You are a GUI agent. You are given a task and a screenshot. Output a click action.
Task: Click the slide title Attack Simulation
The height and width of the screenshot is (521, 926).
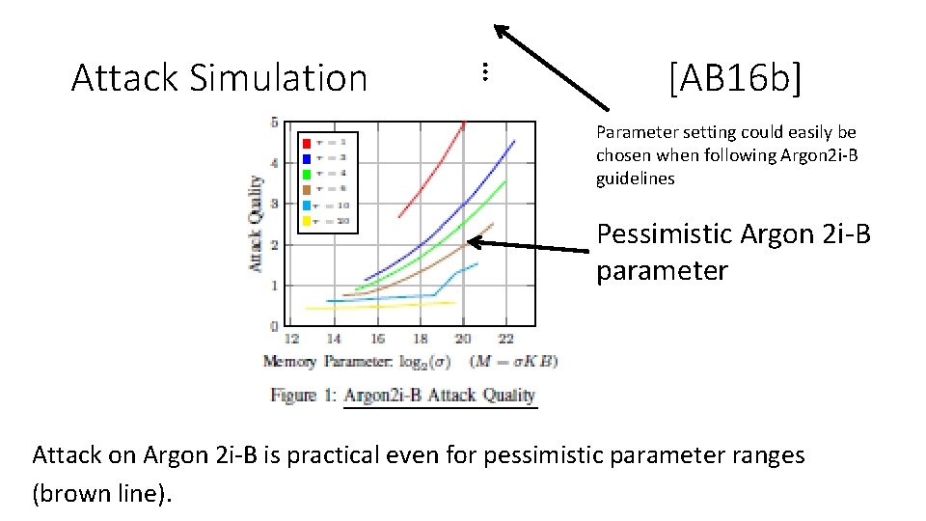(219, 78)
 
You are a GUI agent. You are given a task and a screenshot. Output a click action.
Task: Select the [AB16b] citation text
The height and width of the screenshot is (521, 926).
(734, 78)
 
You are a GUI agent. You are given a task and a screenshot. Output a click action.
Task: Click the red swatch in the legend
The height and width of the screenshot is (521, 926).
(307, 142)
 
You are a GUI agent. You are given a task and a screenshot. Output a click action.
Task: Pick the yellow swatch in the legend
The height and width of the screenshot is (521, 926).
(307, 221)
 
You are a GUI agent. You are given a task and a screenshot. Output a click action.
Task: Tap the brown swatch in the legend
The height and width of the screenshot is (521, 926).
(307, 189)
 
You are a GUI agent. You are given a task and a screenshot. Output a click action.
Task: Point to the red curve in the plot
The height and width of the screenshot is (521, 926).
(434, 174)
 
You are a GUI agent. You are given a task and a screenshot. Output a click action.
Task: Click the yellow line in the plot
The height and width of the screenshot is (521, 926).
(386, 306)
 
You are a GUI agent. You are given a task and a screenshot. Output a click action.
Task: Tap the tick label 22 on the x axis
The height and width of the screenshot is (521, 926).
(505, 339)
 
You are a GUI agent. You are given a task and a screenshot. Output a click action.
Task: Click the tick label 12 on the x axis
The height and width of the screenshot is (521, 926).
(290, 339)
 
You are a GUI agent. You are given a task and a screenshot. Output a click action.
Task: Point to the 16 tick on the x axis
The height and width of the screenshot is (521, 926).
(376, 339)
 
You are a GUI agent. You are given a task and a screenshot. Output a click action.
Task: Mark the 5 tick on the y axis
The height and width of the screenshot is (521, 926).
(274, 123)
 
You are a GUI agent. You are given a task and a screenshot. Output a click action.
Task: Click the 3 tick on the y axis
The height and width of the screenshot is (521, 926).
(274, 204)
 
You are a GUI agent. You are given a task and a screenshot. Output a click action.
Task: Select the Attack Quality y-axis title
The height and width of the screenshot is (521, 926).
(257, 223)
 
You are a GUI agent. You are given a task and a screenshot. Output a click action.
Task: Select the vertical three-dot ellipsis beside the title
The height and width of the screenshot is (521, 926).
(485, 70)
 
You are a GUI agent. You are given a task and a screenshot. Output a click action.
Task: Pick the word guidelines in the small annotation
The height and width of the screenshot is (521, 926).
(635, 178)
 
